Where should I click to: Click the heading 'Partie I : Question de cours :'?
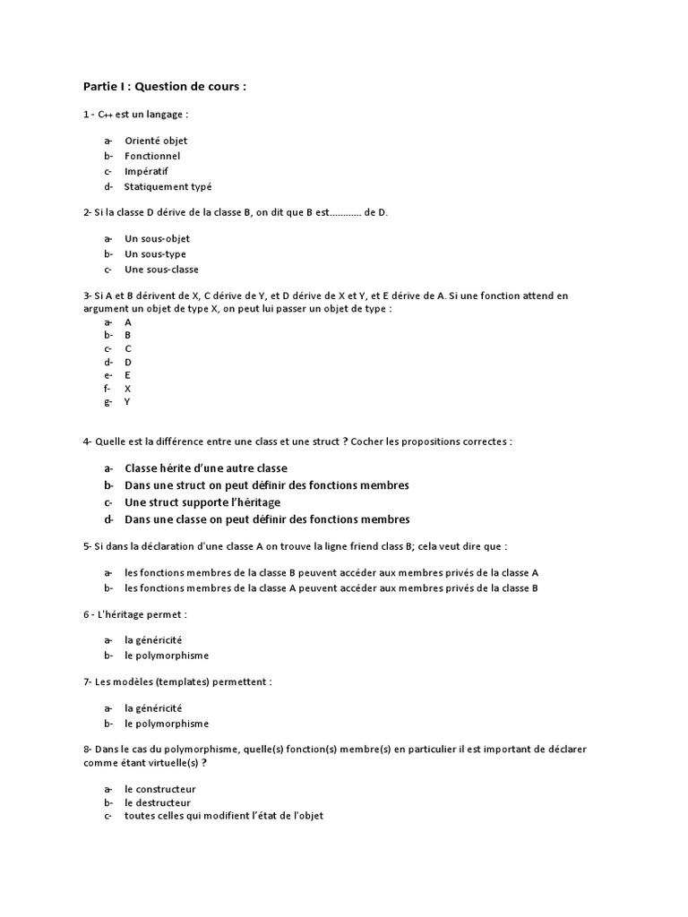(164, 87)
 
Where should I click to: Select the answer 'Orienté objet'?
(156, 141)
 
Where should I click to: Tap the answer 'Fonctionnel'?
(152, 156)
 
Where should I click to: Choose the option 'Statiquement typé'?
(168, 186)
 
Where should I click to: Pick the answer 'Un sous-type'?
(155, 254)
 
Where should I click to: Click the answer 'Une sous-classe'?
(161, 270)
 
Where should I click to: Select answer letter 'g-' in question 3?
(107, 402)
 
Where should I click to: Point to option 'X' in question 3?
(128, 389)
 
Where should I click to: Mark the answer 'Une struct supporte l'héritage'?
(202, 502)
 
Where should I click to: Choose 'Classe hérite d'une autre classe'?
(206, 468)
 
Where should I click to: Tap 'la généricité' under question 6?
(153, 639)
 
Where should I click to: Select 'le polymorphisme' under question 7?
(167, 724)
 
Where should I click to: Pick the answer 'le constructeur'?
(160, 789)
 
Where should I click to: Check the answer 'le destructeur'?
(158, 802)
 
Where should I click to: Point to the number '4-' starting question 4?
(88, 441)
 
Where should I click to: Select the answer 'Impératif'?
(147, 171)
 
